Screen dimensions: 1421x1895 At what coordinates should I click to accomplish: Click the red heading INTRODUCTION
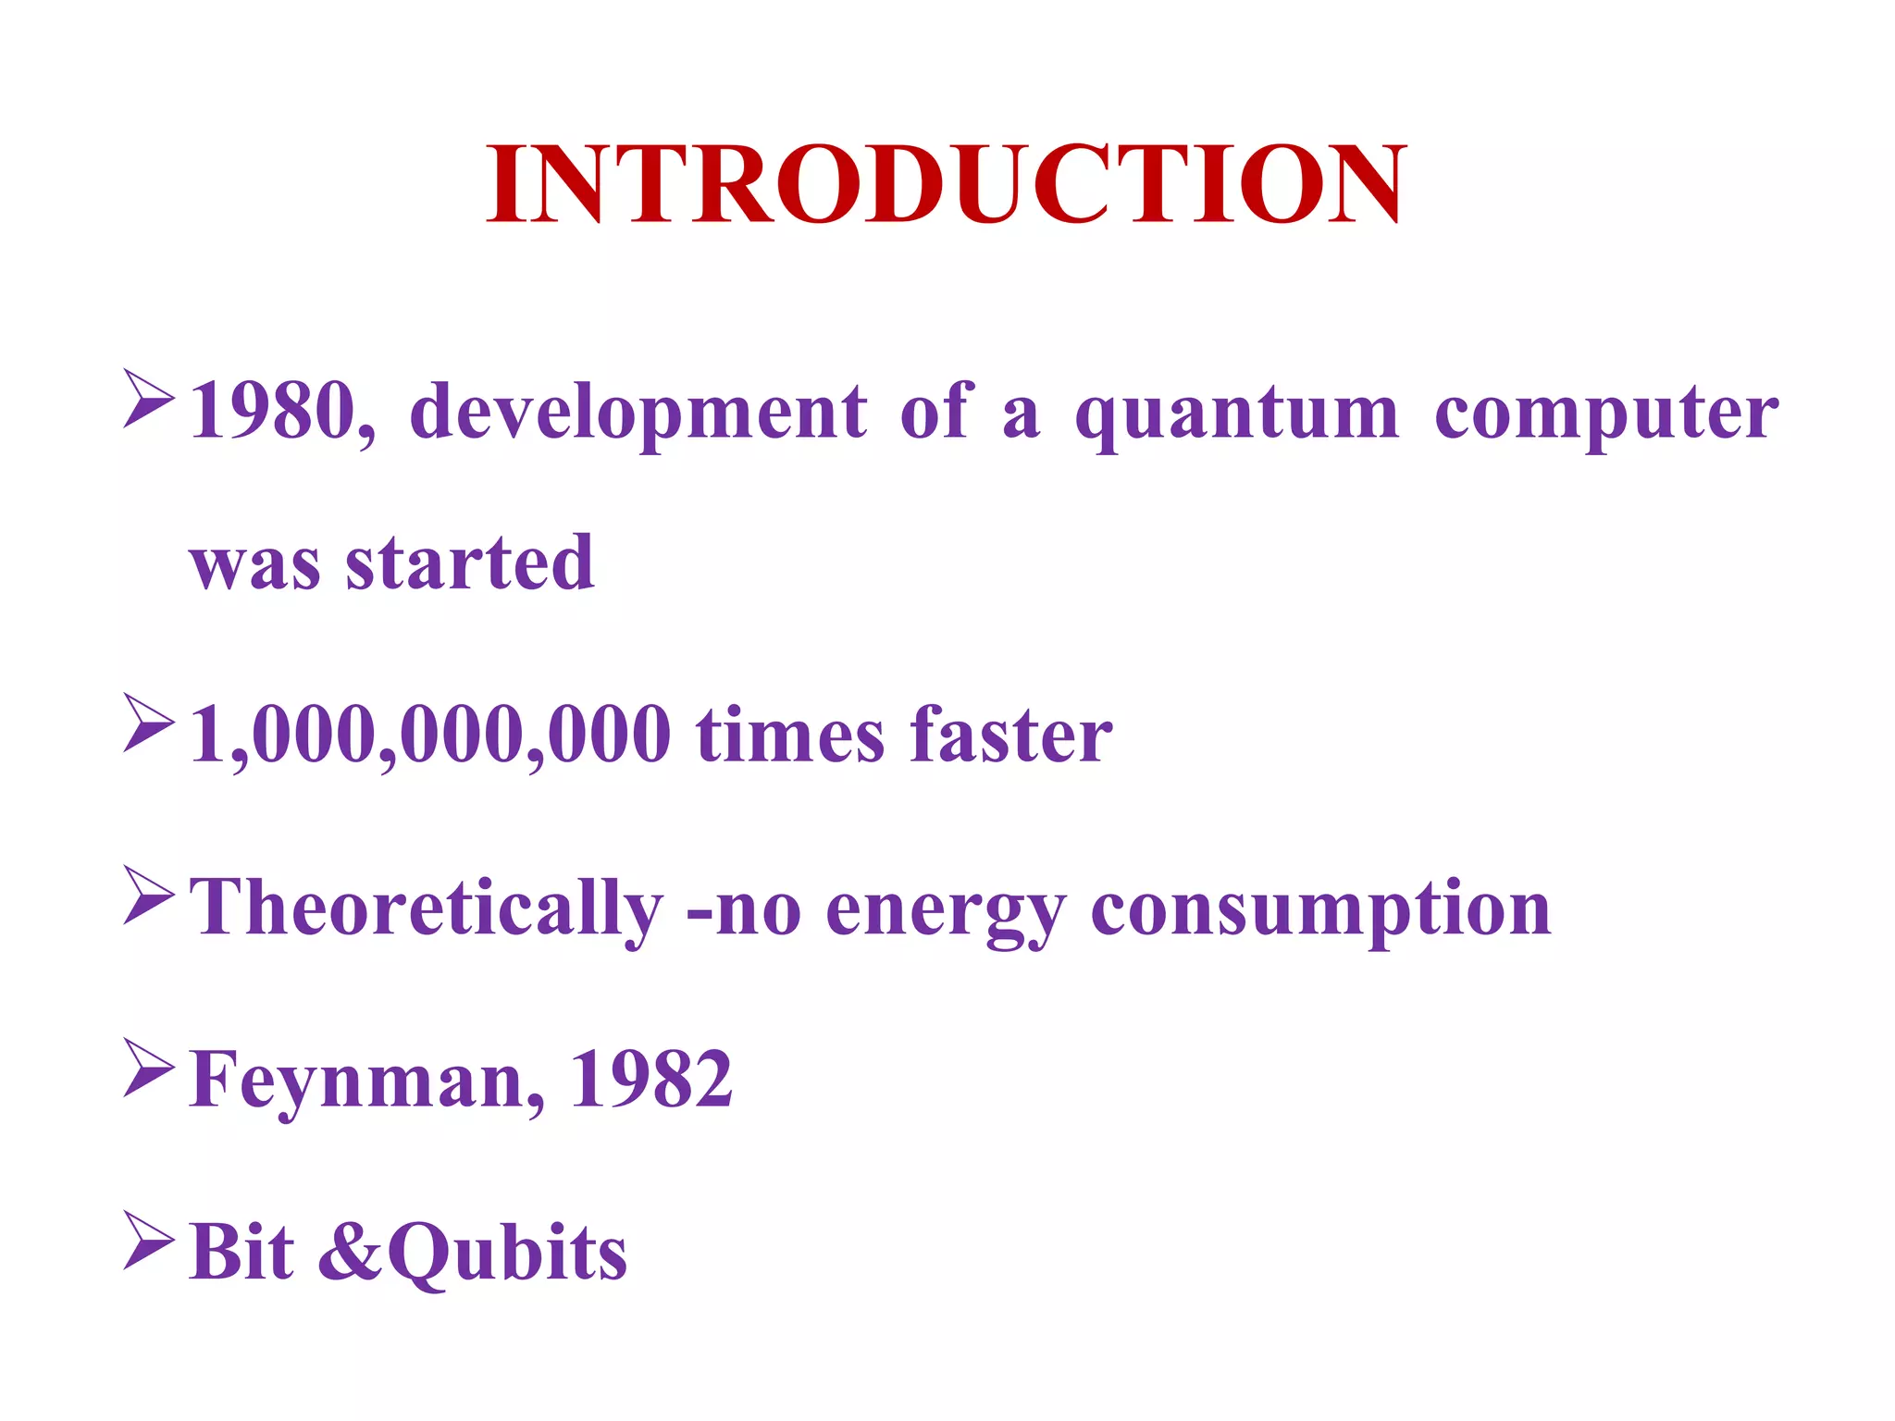tap(946, 185)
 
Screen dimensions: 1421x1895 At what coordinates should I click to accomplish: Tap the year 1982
tap(651, 1079)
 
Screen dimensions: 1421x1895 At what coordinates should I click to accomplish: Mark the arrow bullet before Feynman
tap(148, 1069)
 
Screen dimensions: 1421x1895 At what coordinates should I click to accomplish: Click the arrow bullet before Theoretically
tap(148, 896)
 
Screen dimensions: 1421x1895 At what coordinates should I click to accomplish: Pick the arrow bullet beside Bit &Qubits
tap(148, 1241)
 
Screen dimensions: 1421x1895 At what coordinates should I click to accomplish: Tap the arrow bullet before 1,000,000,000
tap(148, 723)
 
